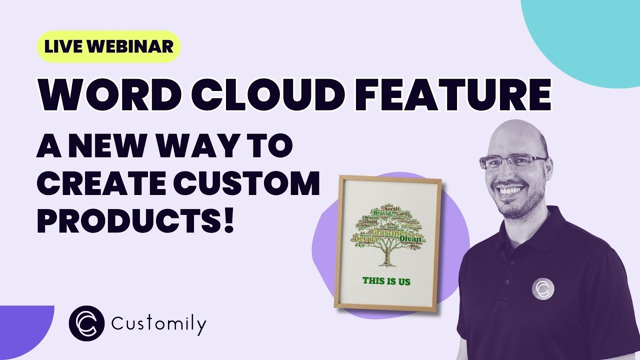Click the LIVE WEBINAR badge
click(x=108, y=46)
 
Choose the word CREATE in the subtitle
click(x=102, y=184)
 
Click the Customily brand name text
click(x=158, y=325)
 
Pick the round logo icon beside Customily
click(x=86, y=323)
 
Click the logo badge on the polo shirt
click(x=543, y=288)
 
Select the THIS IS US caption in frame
click(x=386, y=281)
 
